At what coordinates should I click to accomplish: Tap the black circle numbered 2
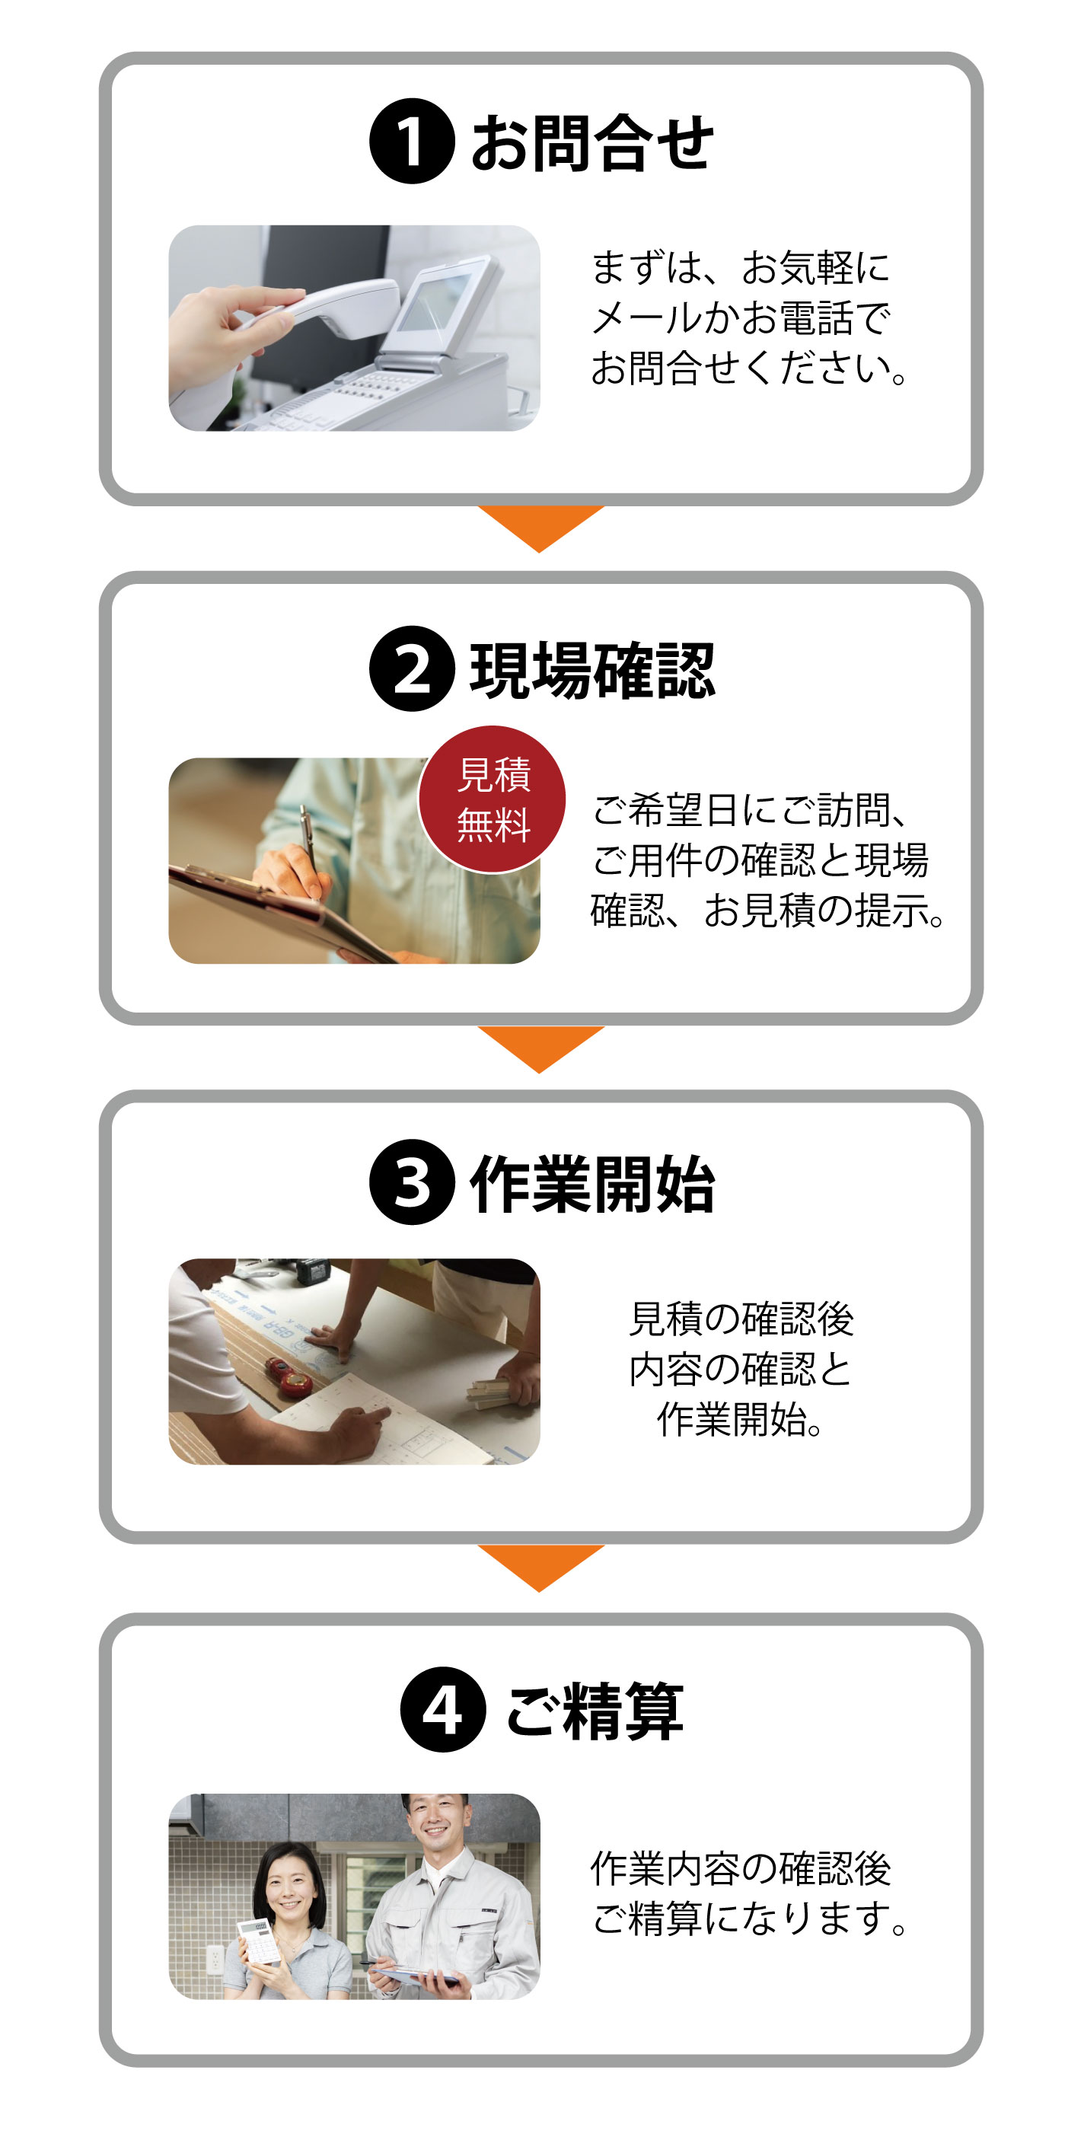411,668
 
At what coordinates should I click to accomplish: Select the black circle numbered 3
411,1182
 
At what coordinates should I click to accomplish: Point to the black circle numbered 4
442,1708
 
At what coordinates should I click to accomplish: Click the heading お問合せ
591,143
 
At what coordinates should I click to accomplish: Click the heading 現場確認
591,670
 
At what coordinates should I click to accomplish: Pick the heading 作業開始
591,1184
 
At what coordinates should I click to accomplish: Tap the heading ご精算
595,1710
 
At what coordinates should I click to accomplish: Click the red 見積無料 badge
493,799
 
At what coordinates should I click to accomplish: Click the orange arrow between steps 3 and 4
540,1565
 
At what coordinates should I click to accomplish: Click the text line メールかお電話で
741,317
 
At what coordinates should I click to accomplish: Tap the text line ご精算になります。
750,1917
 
